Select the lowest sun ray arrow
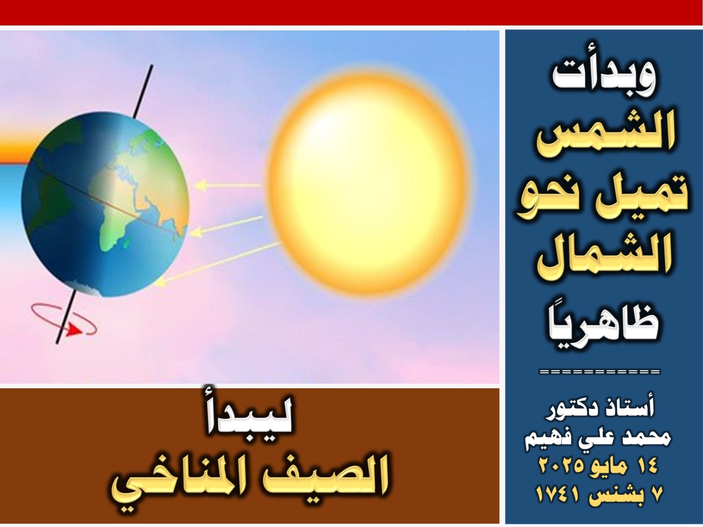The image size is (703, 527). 219,263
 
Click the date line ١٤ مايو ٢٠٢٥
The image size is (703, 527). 598,466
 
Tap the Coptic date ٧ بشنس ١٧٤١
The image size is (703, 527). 598,495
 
